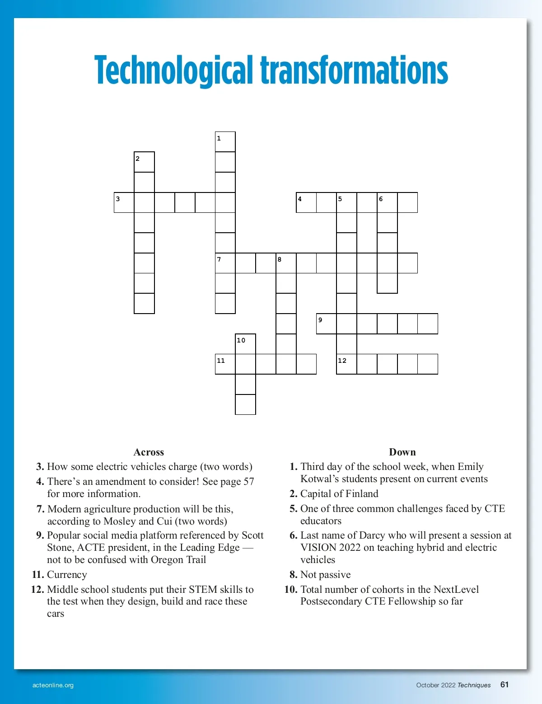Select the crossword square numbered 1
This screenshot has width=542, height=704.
[225, 142]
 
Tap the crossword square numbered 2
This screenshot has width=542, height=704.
[144, 162]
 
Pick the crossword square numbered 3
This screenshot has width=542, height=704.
[124, 202]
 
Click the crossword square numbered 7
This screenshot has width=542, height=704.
[225, 263]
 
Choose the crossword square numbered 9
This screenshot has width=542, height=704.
[326, 324]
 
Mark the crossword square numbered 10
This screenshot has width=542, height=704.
[245, 344]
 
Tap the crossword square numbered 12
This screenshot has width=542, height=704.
[346, 364]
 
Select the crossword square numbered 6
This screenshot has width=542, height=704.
[387, 202]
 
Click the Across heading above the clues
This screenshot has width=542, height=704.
[149, 452]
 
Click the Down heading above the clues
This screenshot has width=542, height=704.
[402, 452]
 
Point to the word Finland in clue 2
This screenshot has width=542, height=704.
[362, 493]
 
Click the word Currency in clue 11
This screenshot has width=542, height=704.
[67, 574]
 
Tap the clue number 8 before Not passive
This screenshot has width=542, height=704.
[293, 574]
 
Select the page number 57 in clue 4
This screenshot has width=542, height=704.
[249, 481]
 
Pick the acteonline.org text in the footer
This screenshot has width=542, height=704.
[53, 685]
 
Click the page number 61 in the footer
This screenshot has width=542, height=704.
[505, 685]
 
